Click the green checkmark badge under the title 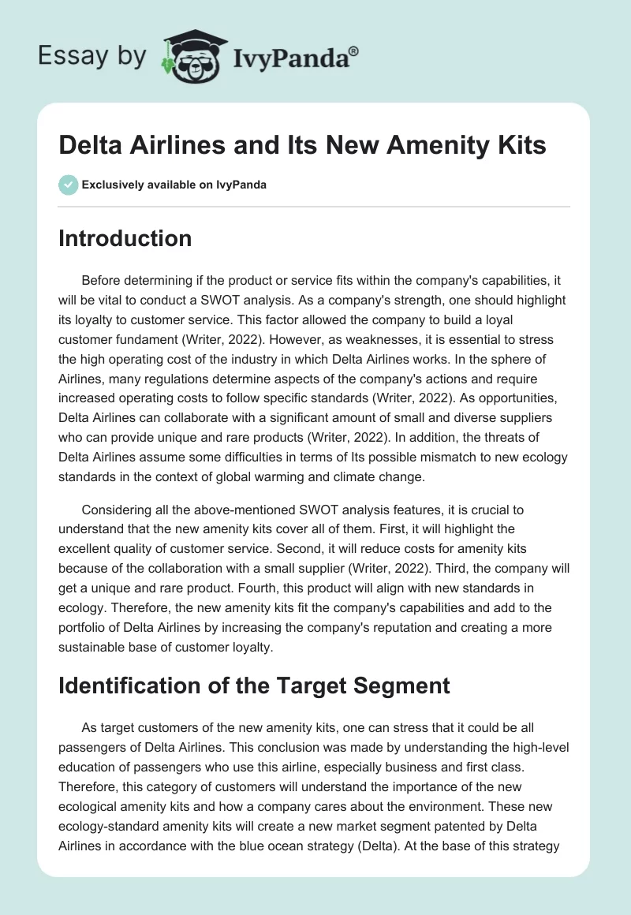67,185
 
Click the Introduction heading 125,238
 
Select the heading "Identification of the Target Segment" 254,685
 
